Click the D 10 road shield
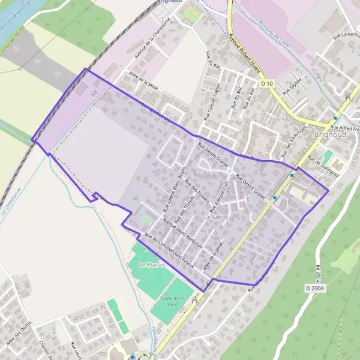coord(267,82)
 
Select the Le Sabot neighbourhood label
coord(216,217)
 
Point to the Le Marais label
coord(151,265)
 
